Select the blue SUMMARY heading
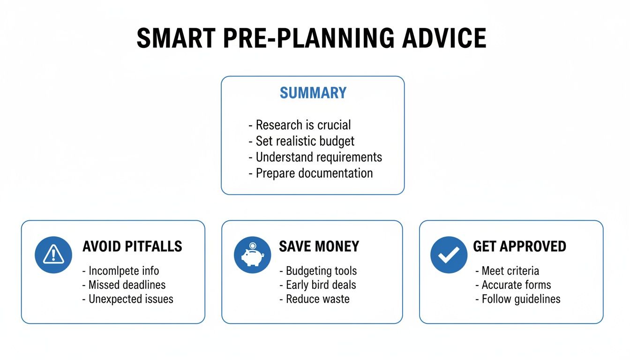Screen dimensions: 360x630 pyautogui.click(x=313, y=93)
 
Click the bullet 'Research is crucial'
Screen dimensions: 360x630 pyautogui.click(x=303, y=125)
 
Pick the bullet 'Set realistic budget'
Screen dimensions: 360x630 pyautogui.click(x=305, y=141)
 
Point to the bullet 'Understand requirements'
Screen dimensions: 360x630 pyautogui.click(x=318, y=157)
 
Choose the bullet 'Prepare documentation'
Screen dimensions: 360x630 pyautogui.click(x=314, y=173)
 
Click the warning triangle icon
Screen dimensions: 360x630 pyautogui.click(x=53, y=255)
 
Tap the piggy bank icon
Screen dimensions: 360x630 pyautogui.click(x=252, y=255)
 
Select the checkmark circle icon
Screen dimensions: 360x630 pyautogui.click(x=449, y=255)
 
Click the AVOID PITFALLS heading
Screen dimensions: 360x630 pyautogui.click(x=132, y=247)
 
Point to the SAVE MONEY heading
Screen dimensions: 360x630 pyautogui.click(x=319, y=247)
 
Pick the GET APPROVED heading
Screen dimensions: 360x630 pyautogui.click(x=519, y=247)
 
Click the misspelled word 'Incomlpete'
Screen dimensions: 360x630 pyautogui.click(x=111, y=271)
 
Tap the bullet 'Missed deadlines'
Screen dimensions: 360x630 pyautogui.click(x=127, y=285)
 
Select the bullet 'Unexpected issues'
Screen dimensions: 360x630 pyautogui.click(x=131, y=299)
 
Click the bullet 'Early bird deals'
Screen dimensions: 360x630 pyautogui.click(x=321, y=285)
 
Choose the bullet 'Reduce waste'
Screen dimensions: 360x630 pyautogui.click(x=317, y=299)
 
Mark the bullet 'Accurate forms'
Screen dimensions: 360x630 pyautogui.click(x=516, y=285)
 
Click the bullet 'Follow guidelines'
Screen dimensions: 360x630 pyautogui.click(x=521, y=299)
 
